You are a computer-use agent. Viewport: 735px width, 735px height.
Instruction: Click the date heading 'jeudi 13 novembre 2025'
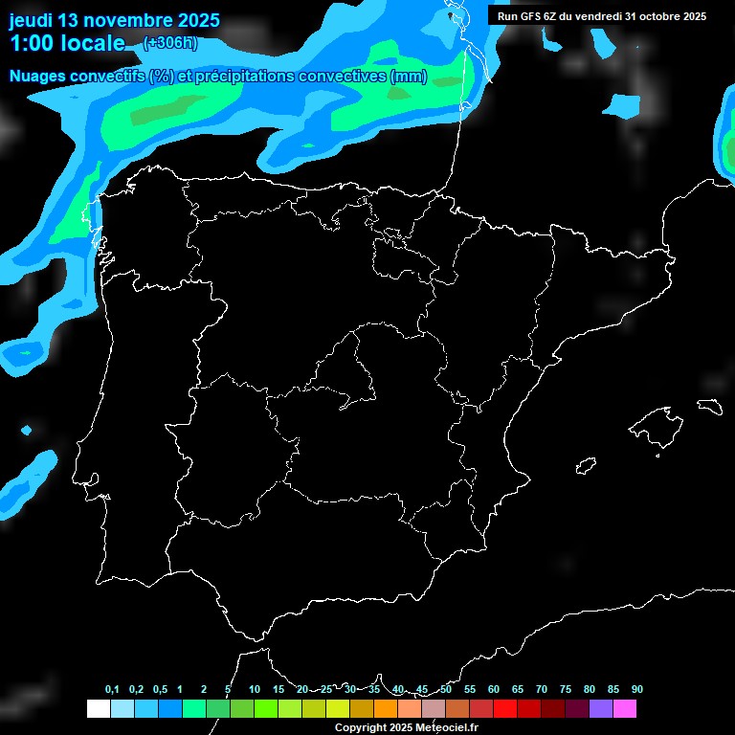114,20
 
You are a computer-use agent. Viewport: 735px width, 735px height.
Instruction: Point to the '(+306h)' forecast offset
169,42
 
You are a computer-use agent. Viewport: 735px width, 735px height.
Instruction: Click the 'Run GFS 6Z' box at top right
601,16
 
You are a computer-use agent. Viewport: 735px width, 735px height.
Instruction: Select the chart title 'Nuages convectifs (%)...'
218,77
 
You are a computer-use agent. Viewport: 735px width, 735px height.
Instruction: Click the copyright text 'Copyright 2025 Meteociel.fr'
406,727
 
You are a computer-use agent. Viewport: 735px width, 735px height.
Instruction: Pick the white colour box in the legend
98,708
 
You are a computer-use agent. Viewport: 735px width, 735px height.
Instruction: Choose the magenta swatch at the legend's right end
625,708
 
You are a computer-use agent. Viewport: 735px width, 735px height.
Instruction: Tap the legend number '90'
637,690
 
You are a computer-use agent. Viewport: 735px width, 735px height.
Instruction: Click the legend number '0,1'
112,690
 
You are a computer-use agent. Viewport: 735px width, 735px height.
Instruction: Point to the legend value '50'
446,690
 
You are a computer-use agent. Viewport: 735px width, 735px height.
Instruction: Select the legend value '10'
254,690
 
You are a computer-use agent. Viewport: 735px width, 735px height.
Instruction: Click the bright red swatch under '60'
505,708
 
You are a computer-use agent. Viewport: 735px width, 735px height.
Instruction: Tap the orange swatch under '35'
386,708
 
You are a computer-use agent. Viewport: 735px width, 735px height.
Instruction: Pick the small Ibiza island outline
585,466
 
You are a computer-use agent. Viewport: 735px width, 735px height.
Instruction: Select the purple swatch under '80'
601,708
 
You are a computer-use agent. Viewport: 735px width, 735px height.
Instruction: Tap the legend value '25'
325,690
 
